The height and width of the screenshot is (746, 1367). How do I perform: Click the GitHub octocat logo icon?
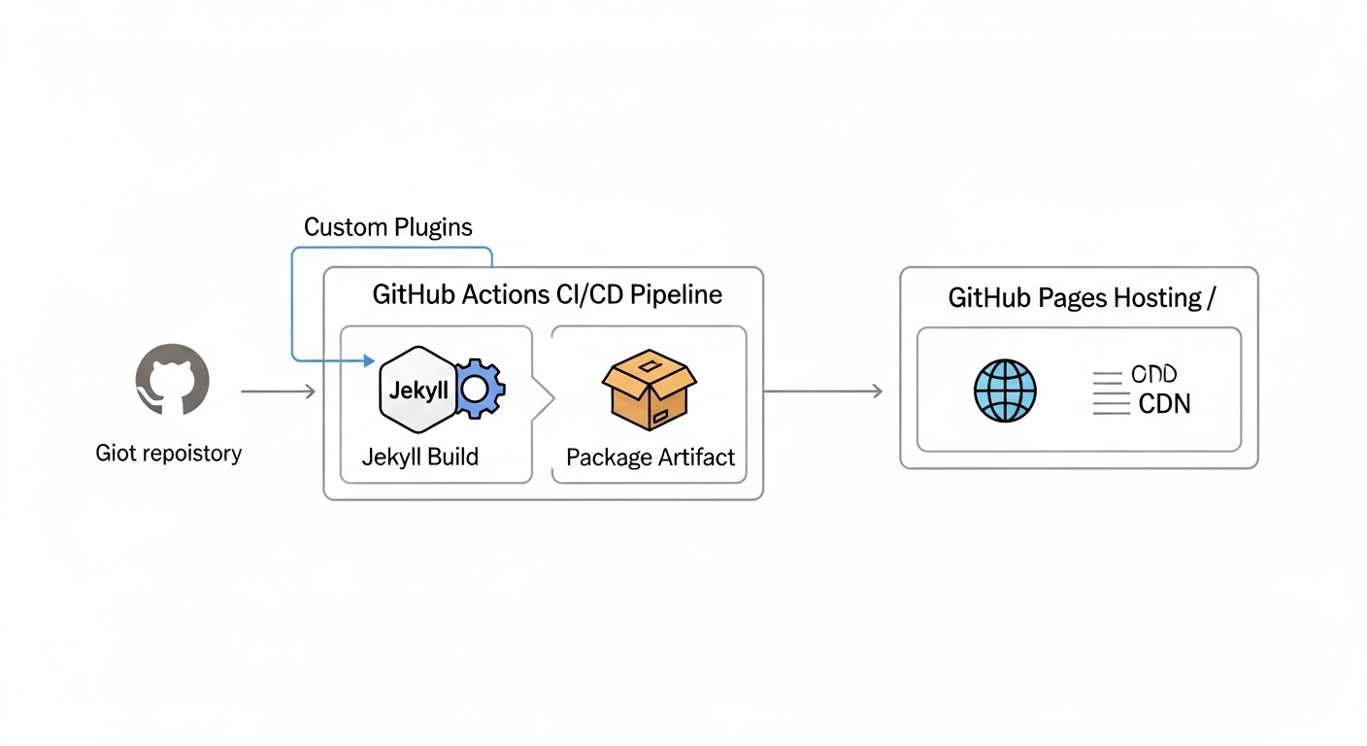point(172,380)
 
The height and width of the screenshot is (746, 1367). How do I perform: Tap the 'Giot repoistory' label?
point(169,453)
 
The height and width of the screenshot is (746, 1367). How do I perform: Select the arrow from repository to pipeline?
point(278,391)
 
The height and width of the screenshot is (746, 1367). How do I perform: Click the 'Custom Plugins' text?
point(388,227)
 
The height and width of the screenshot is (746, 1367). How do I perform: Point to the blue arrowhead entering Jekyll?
point(368,361)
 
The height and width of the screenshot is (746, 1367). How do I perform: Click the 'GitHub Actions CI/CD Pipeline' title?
point(548,295)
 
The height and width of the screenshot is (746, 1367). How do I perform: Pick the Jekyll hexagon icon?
point(418,390)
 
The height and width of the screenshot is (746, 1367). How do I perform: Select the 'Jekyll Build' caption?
point(420,457)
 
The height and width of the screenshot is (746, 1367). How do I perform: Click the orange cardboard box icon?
point(650,389)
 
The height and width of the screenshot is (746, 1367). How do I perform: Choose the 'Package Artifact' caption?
point(650,457)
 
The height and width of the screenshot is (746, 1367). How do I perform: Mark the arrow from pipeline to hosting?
point(823,391)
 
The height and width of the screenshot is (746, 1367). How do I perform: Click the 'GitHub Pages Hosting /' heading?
point(1081,298)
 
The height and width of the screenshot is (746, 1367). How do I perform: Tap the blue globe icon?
point(1005,391)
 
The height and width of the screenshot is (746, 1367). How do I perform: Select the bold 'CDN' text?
point(1164,404)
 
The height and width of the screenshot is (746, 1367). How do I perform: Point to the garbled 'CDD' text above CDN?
point(1154,375)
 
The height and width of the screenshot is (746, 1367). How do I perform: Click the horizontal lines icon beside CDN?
point(1111,393)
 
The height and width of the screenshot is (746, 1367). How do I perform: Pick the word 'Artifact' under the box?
point(694,457)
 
